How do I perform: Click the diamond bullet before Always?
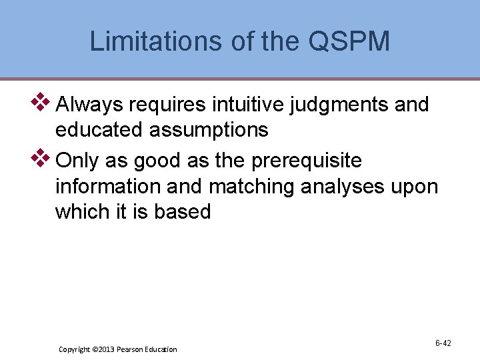point(42,102)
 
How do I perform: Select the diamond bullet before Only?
point(42,158)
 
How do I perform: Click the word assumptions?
point(209,130)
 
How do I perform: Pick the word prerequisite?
point(307,161)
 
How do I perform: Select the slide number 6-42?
point(443,343)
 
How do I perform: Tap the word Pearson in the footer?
point(134,349)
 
